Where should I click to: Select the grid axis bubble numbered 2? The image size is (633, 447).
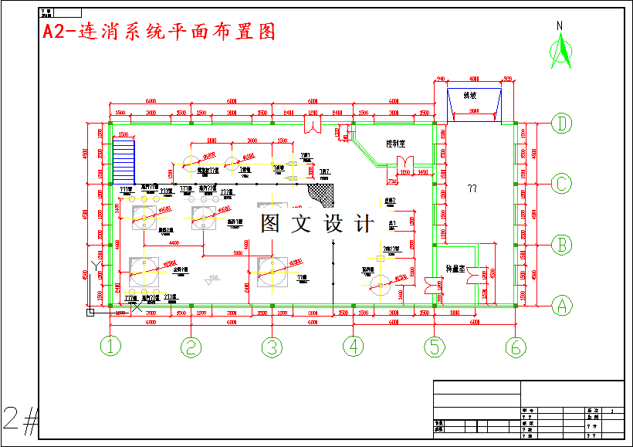191,347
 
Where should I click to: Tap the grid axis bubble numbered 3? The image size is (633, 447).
271,347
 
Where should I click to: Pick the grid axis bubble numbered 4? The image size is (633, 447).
354,347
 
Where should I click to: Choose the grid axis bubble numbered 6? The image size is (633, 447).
516,347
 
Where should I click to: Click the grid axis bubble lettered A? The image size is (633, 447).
561,306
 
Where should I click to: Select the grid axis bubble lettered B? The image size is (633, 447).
561,245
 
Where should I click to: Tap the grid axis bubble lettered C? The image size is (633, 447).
561,184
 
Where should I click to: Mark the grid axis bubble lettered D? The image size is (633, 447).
561,123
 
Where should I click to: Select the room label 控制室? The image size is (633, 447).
397,144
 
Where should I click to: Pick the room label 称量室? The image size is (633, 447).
455,269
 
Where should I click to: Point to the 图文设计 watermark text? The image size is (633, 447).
317,223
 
